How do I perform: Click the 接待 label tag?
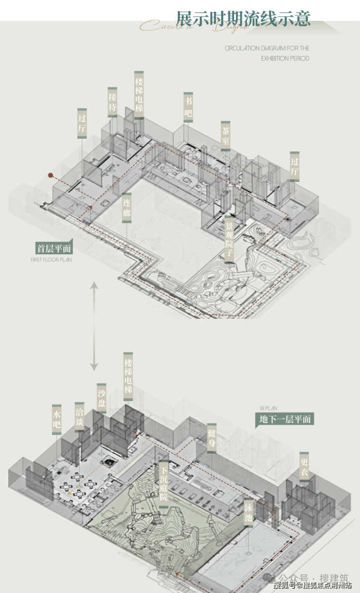(x=112, y=102)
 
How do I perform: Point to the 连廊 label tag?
(x=126, y=206)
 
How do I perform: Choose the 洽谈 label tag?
(x=79, y=417)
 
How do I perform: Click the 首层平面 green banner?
(x=54, y=248)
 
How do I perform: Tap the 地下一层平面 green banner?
(x=285, y=419)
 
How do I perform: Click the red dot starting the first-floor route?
(x=50, y=174)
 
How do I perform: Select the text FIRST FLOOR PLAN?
(x=51, y=260)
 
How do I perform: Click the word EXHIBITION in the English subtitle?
(x=276, y=58)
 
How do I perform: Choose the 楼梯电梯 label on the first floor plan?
(x=139, y=95)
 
